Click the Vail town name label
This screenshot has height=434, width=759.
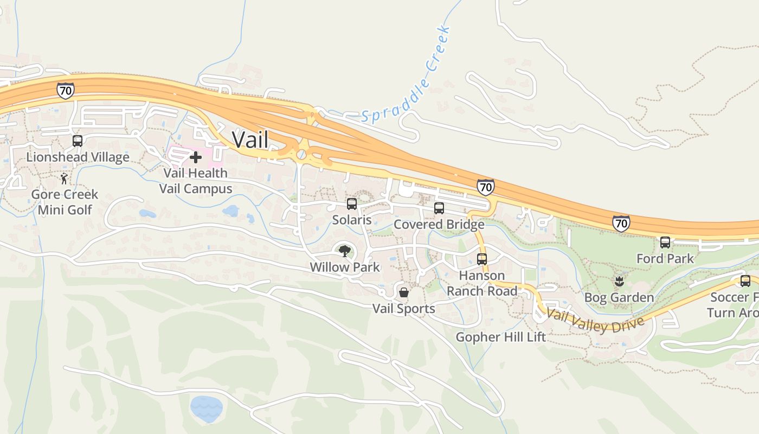[250, 139]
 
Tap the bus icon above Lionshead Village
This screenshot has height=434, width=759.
[78, 141]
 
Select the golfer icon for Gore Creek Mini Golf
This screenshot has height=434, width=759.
[65, 178]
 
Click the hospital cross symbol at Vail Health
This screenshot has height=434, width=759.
[196, 157]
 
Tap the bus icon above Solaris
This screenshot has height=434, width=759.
[352, 204]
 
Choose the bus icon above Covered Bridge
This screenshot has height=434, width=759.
[439, 208]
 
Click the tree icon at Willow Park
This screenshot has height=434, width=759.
[344, 251]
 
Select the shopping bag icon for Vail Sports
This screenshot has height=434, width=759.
[404, 292]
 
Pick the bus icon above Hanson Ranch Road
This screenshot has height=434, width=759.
[482, 259]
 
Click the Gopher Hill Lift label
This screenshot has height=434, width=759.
[500, 337]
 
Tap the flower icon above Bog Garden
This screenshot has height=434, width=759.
[619, 281]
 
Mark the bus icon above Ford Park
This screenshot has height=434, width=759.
[665, 242]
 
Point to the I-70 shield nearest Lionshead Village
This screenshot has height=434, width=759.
[65, 91]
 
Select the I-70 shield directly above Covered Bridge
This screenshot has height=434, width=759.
[486, 187]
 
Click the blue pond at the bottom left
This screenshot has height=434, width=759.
[206, 408]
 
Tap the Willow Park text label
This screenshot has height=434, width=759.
[345, 267]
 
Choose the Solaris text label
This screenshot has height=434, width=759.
[352, 220]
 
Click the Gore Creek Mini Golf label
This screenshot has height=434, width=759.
[65, 202]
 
